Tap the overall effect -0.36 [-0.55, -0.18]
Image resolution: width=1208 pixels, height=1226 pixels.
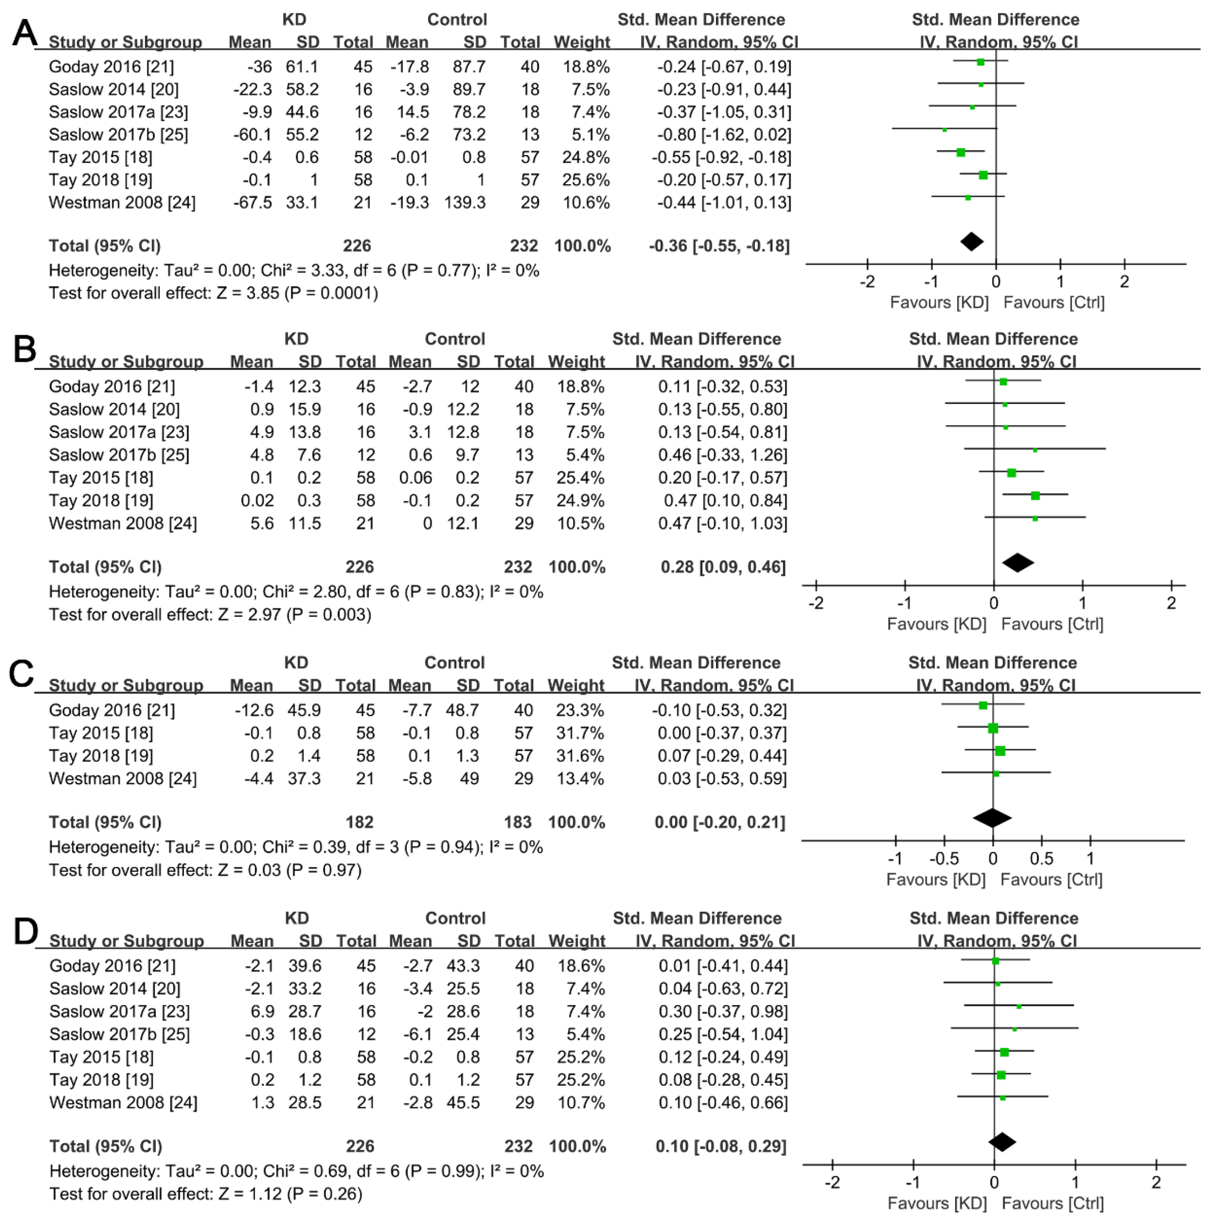click(x=719, y=246)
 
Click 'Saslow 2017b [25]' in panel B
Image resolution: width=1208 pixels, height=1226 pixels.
click(x=119, y=455)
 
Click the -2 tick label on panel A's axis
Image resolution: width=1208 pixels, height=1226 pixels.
click(x=867, y=282)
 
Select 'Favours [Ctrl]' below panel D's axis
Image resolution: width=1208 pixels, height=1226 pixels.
click(x=1053, y=1203)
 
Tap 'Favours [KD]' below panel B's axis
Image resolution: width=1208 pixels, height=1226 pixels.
click(x=936, y=624)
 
